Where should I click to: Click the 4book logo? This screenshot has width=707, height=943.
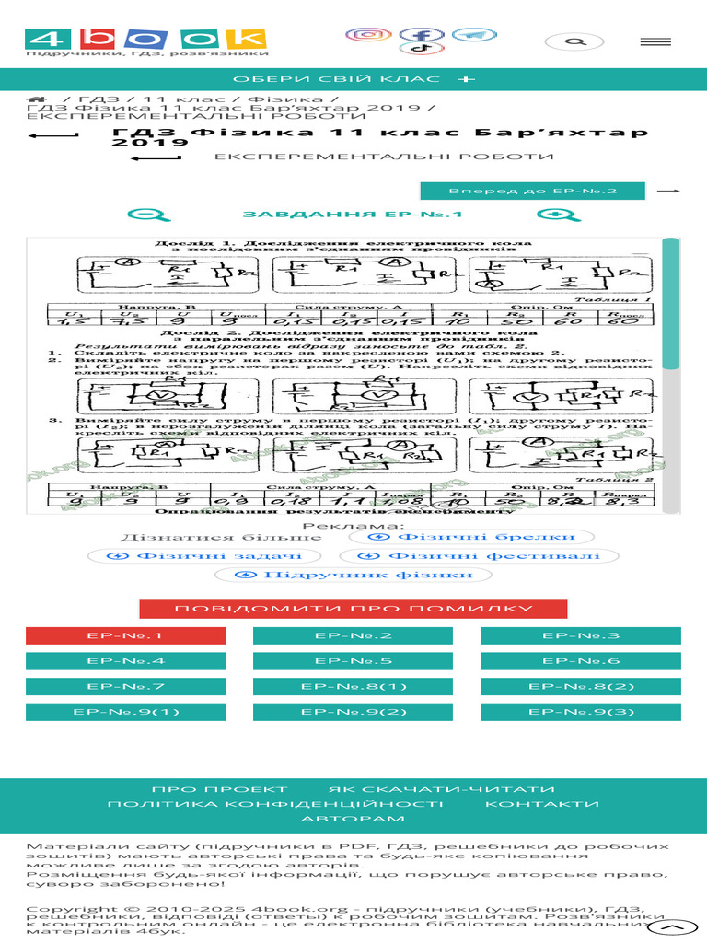[145, 39]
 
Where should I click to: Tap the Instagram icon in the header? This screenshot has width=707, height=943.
[368, 35]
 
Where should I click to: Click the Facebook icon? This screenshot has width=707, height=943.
[422, 35]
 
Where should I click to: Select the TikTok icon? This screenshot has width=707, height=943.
[422, 48]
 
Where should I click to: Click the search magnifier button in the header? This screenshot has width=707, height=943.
[574, 41]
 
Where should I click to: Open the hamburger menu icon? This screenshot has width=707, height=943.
[655, 41]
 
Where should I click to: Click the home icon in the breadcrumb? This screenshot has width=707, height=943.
[36, 99]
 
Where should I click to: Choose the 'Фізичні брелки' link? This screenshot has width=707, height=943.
[469, 537]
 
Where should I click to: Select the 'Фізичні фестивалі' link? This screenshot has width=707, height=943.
[479, 556]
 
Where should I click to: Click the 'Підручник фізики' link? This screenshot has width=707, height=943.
[353, 575]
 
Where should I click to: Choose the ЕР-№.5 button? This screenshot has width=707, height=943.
[353, 661]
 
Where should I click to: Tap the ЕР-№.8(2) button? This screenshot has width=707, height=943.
[581, 687]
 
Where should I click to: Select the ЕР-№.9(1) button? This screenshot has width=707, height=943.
[126, 712]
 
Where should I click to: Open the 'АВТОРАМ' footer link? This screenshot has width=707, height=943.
[353, 819]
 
